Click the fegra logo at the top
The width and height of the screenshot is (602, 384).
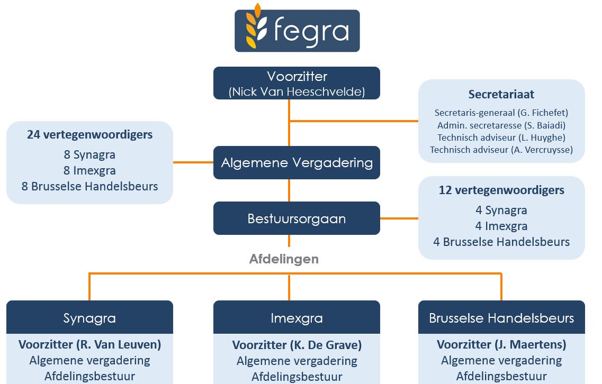coord(297,30)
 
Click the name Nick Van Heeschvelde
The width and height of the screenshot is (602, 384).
coord(297,92)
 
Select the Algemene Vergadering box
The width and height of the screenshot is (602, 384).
coord(297,162)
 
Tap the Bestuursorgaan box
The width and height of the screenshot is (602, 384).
coord(297,218)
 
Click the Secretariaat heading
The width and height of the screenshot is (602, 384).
coord(501,95)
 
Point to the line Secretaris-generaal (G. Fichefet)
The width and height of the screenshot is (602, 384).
coord(501,113)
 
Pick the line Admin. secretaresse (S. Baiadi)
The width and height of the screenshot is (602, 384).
coord(501,125)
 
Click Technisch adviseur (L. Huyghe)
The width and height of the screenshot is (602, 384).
coord(501,138)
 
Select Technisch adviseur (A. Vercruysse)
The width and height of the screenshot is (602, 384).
coord(501,150)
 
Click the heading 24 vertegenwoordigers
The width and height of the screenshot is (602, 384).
coord(89,135)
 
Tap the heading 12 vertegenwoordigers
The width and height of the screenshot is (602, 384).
coord(501,190)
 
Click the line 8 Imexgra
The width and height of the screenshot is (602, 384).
coord(89,171)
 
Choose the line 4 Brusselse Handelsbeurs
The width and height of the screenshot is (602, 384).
coord(501,242)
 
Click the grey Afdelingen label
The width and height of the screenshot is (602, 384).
coord(284,259)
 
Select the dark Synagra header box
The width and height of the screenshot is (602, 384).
coord(89,318)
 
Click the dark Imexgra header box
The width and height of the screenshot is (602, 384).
coord(297,318)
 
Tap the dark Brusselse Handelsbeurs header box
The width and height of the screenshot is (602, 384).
coord(501,318)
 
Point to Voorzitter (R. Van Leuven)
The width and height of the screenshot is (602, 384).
coord(89,345)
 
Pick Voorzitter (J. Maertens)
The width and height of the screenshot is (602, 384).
coord(501,345)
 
